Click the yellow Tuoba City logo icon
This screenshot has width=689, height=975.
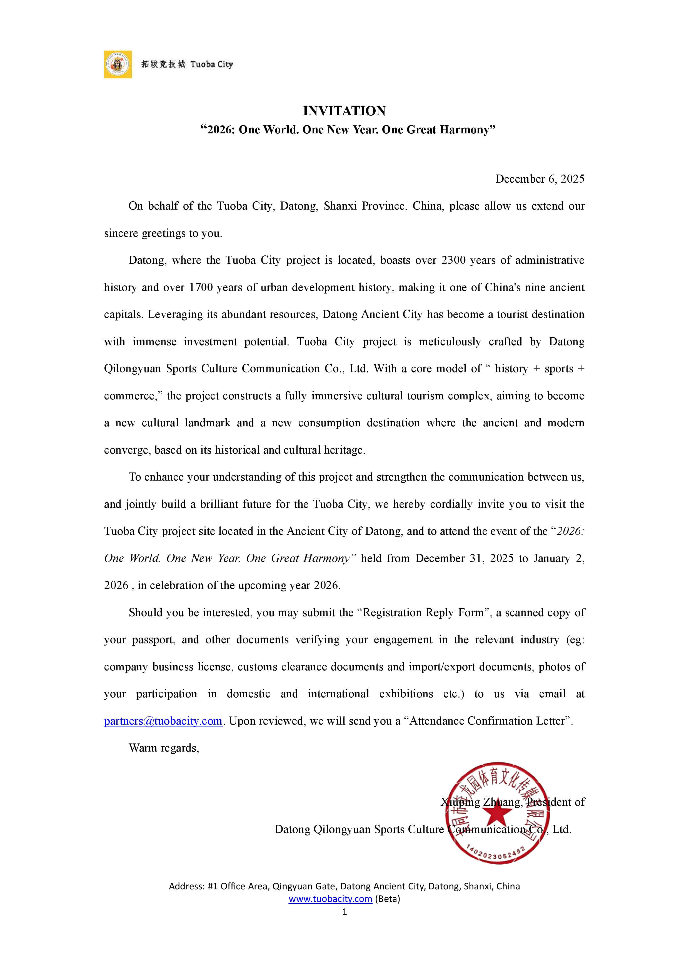click(x=118, y=64)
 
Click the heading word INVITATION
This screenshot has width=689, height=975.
click(x=344, y=111)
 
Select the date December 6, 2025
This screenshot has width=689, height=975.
click(x=540, y=179)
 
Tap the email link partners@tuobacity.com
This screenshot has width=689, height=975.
click(x=163, y=721)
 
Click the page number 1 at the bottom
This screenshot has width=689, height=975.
click(x=344, y=912)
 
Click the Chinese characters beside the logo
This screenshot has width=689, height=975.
click(x=163, y=64)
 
